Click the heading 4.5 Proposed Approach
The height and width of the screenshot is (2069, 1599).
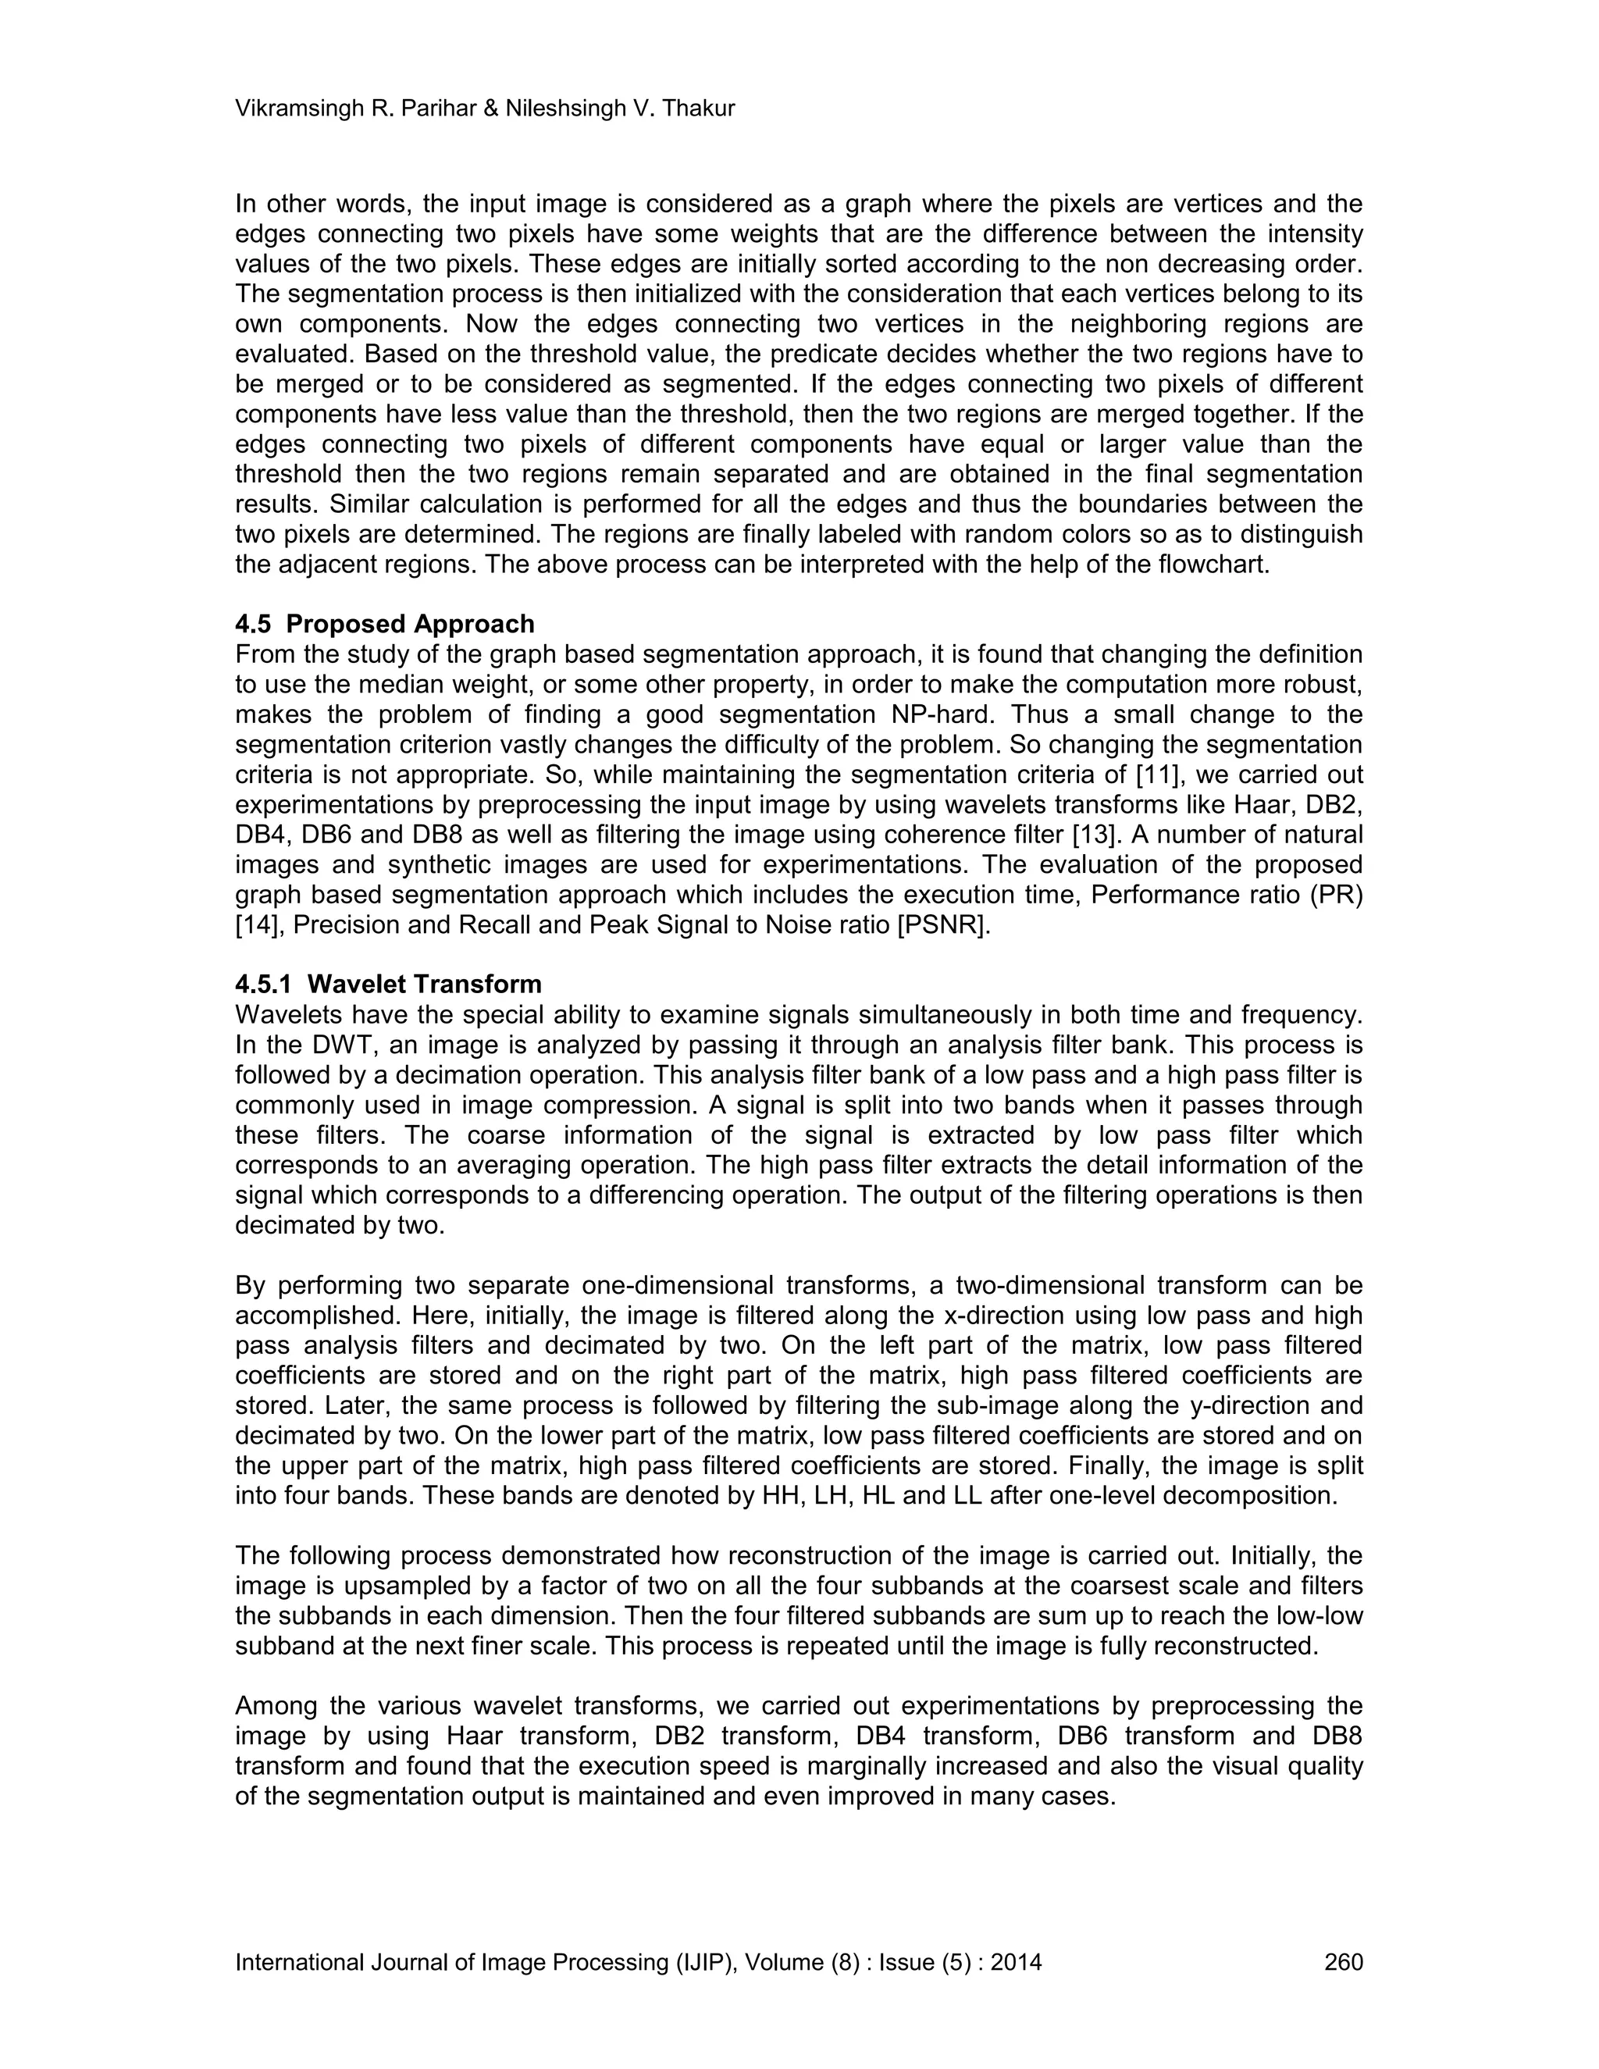point(385,625)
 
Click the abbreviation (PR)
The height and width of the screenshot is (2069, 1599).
point(1336,896)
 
